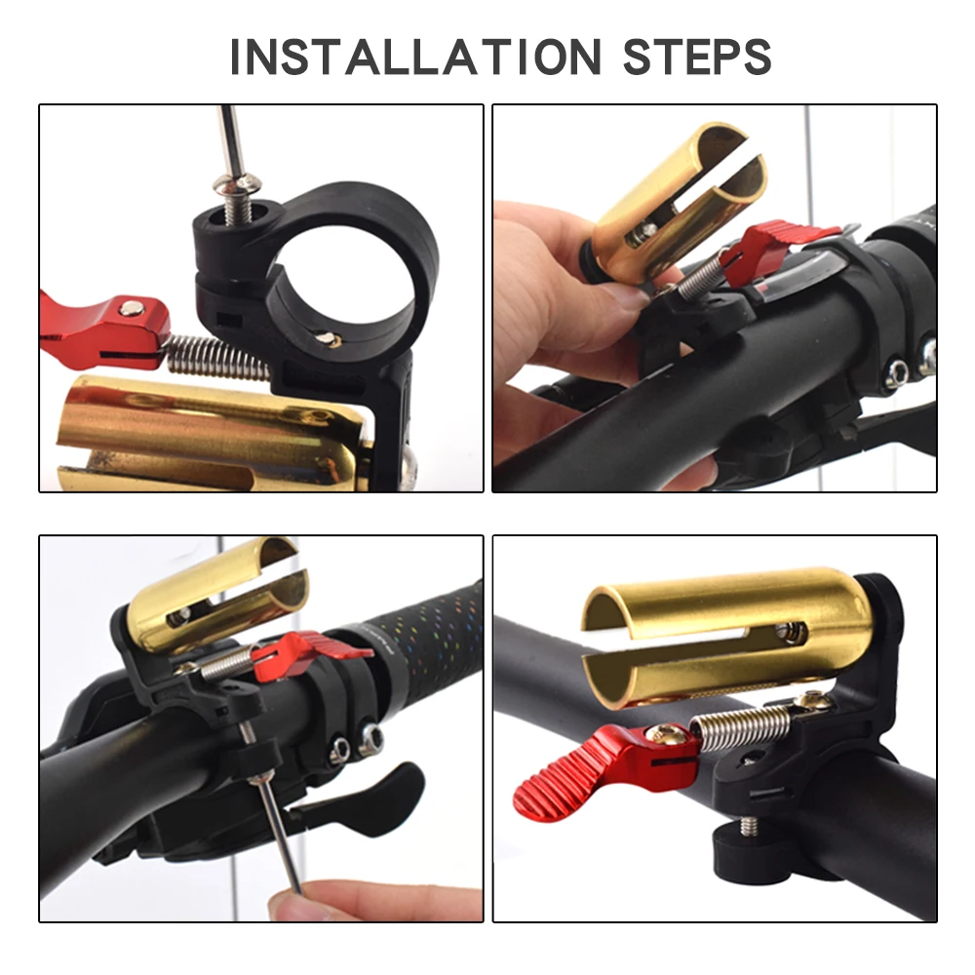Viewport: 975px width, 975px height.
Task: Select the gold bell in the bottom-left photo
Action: [x=210, y=595]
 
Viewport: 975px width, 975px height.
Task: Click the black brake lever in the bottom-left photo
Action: [x=380, y=790]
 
